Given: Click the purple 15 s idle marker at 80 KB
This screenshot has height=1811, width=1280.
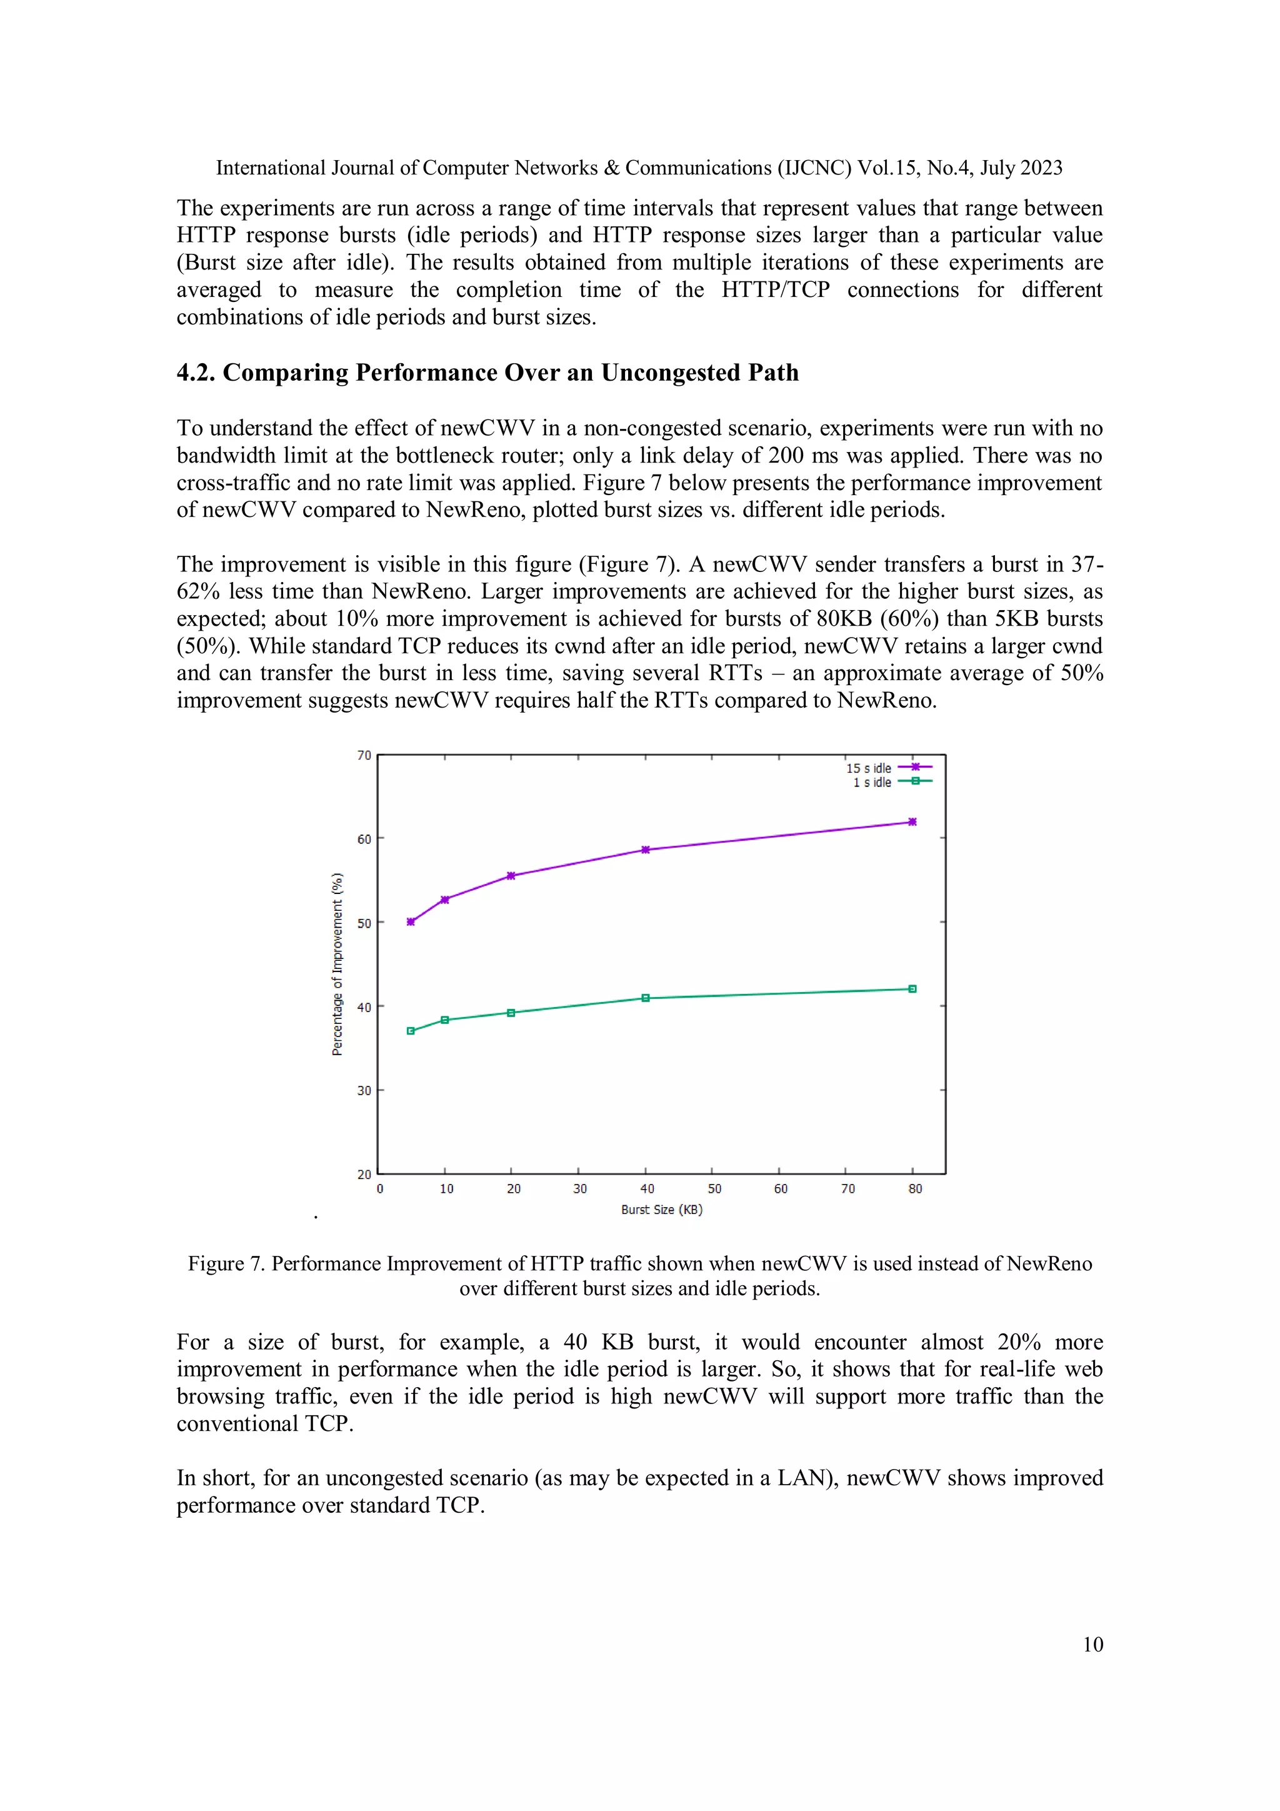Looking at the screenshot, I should click(x=912, y=822).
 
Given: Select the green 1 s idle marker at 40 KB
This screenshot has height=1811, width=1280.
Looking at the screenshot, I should click(x=645, y=998).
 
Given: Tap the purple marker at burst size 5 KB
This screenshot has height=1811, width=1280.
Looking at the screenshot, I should click(x=410, y=921).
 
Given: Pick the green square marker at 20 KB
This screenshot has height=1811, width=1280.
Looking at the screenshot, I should click(x=511, y=1013).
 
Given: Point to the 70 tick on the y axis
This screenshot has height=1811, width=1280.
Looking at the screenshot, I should click(x=364, y=756).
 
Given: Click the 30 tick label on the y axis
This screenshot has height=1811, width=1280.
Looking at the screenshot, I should click(x=364, y=1091).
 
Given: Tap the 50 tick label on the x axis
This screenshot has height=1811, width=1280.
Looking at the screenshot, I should click(x=714, y=1188).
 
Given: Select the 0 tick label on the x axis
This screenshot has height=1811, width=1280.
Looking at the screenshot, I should click(x=380, y=1188).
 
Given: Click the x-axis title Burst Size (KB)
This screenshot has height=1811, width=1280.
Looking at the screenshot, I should click(x=661, y=1209).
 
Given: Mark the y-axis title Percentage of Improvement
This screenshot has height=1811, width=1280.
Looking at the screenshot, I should click(x=337, y=964).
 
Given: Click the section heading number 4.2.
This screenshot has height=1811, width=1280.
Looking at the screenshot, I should click(x=196, y=373).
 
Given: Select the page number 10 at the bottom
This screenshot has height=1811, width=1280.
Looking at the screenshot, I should click(x=1092, y=1645).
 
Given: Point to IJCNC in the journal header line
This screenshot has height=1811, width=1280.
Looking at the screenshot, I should click(x=814, y=168).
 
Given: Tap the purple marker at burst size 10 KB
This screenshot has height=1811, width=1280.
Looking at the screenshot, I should click(x=445, y=899).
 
